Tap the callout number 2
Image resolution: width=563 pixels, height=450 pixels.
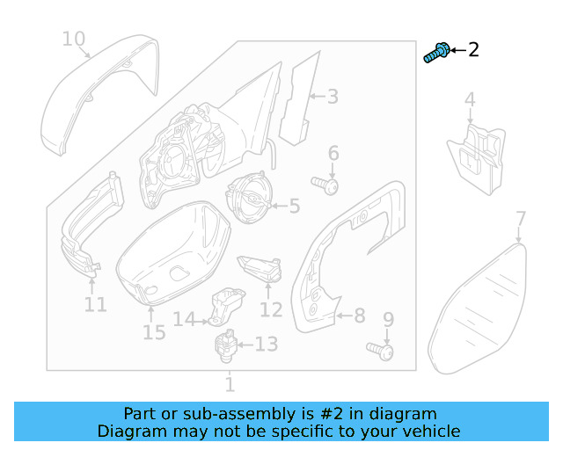pyautogui.click(x=473, y=49)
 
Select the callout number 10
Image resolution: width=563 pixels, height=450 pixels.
pyautogui.click(x=74, y=39)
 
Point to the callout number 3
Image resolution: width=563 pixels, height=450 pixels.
pyautogui.click(x=333, y=97)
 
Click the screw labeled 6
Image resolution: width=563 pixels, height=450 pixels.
pyautogui.click(x=329, y=185)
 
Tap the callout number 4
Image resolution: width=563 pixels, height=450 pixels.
pyautogui.click(x=470, y=100)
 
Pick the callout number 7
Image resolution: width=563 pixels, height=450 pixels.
pyautogui.click(x=520, y=218)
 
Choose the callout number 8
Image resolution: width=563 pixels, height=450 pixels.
pyautogui.click(x=359, y=314)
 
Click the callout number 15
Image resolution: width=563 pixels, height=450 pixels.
pyautogui.click(x=154, y=333)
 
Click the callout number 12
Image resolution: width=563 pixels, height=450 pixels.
pyautogui.click(x=271, y=309)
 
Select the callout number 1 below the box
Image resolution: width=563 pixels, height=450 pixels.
pyautogui.click(x=230, y=384)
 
